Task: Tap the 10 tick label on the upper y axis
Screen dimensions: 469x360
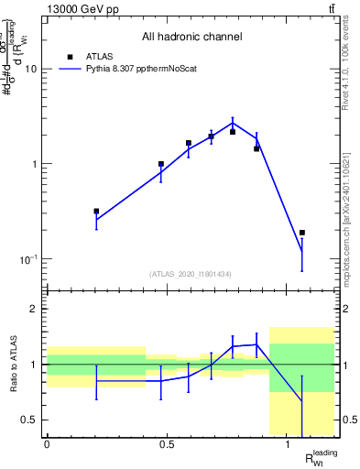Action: coord(31,70)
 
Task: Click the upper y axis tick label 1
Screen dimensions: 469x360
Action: coord(35,165)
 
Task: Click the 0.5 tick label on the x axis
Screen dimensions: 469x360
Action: coord(167,444)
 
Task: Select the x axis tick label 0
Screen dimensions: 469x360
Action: coord(47,444)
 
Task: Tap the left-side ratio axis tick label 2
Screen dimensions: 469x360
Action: coord(35,309)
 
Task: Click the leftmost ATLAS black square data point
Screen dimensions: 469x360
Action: coord(96,211)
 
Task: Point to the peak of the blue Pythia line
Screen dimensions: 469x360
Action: coord(234,122)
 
